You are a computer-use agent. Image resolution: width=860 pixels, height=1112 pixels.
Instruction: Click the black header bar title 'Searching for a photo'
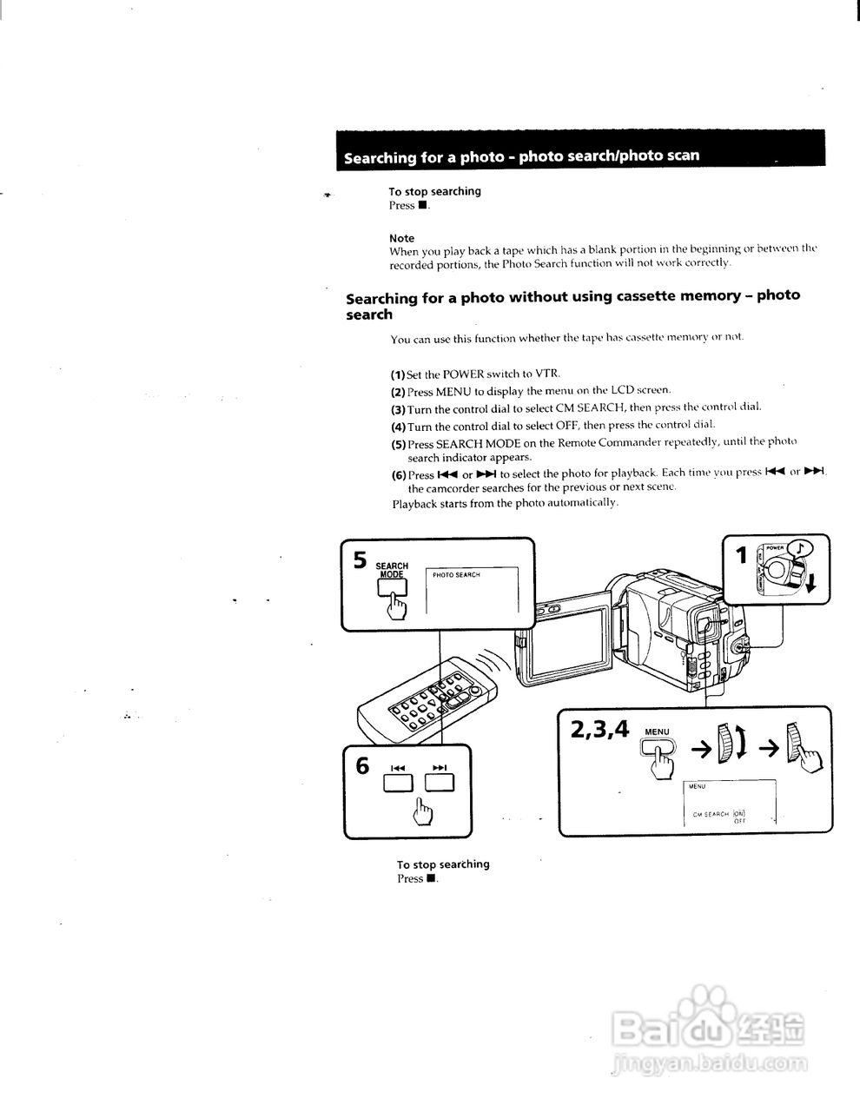(x=521, y=157)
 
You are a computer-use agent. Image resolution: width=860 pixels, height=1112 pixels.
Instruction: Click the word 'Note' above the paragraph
(x=401, y=238)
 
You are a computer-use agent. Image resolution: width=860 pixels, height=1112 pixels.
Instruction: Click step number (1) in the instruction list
(x=398, y=374)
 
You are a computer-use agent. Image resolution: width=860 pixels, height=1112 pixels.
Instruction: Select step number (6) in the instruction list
(x=399, y=475)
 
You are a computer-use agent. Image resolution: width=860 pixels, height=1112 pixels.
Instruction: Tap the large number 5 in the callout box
(x=360, y=559)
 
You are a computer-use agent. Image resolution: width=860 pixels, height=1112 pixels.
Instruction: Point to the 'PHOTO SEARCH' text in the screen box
(x=456, y=575)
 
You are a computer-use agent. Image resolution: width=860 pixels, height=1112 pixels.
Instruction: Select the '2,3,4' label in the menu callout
(x=599, y=729)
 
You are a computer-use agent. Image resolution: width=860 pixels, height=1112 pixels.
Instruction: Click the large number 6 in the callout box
(x=362, y=766)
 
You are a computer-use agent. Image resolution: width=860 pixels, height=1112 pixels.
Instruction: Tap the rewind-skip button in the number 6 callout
(x=399, y=784)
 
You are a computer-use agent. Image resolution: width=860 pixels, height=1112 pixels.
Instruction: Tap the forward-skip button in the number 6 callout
(x=439, y=784)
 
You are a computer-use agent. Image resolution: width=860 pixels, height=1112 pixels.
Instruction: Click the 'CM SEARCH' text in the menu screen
(x=710, y=814)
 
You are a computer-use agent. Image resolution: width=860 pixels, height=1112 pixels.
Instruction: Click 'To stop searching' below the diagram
(x=443, y=864)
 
